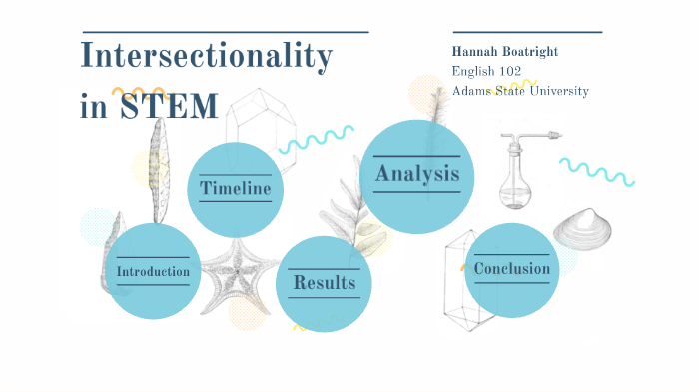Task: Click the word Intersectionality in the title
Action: tap(206, 57)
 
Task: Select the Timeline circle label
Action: tap(236, 188)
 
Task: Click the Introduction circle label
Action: tap(153, 271)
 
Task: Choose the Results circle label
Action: tap(324, 283)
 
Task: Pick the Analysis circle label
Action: tap(416, 174)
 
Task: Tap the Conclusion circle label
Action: tap(511, 269)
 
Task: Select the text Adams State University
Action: tap(519, 91)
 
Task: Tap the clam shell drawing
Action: tap(583, 230)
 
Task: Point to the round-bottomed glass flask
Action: tap(517, 180)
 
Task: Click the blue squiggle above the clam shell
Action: tap(596, 171)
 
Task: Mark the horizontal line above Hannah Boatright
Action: tap(527, 32)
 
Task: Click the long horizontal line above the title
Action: tap(224, 32)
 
